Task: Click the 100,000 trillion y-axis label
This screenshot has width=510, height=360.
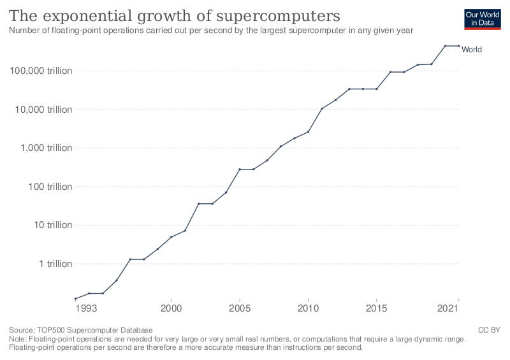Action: pos(41,71)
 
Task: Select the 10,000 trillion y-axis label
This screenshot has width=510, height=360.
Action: pos(43,109)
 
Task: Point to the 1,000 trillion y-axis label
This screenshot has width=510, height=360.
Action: pos(46,148)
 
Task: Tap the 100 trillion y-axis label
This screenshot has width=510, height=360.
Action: pos(50,186)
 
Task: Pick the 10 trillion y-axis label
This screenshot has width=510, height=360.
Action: pos(53,225)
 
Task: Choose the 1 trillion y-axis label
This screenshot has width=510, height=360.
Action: pos(55,263)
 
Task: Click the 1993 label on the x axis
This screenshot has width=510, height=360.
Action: pos(86,308)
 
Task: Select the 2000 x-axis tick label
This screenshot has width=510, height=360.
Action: pos(171,308)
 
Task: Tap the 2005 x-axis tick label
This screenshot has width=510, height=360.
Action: pos(240,308)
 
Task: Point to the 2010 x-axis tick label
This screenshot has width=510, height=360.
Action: pos(308,308)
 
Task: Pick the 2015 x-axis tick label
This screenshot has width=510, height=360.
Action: pos(376,308)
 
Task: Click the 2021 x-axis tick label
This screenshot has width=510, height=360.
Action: pos(448,308)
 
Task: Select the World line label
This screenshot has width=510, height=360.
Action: pos(472,50)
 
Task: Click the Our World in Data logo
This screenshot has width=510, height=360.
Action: pos(483,19)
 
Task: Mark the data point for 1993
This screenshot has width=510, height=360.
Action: pos(75,299)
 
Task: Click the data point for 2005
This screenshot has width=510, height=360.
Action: pos(240,169)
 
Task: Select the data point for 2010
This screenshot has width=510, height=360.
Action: pos(308,132)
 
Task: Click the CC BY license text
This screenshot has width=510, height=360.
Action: pos(489,330)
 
